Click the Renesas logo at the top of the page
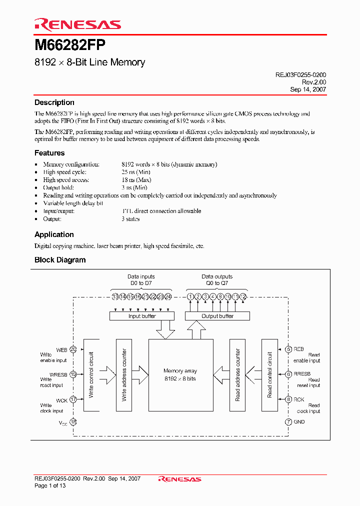pos(77,24)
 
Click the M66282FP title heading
pos(69,45)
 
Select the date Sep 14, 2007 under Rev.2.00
pos(308,89)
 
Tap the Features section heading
pos(49,153)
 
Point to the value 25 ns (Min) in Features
pos(136,172)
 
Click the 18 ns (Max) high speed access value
pos(136,180)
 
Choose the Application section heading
pos(54,234)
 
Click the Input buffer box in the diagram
pos(142,316)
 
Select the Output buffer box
pos(217,316)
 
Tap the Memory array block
pos(180,375)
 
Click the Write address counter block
pos(124,375)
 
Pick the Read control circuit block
pos(269,375)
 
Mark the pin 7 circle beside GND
pos(288,422)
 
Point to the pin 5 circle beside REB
pos(288,349)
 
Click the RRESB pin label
pos(302,374)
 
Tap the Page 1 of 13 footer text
pos(50,485)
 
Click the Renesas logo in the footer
pos(179,479)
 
